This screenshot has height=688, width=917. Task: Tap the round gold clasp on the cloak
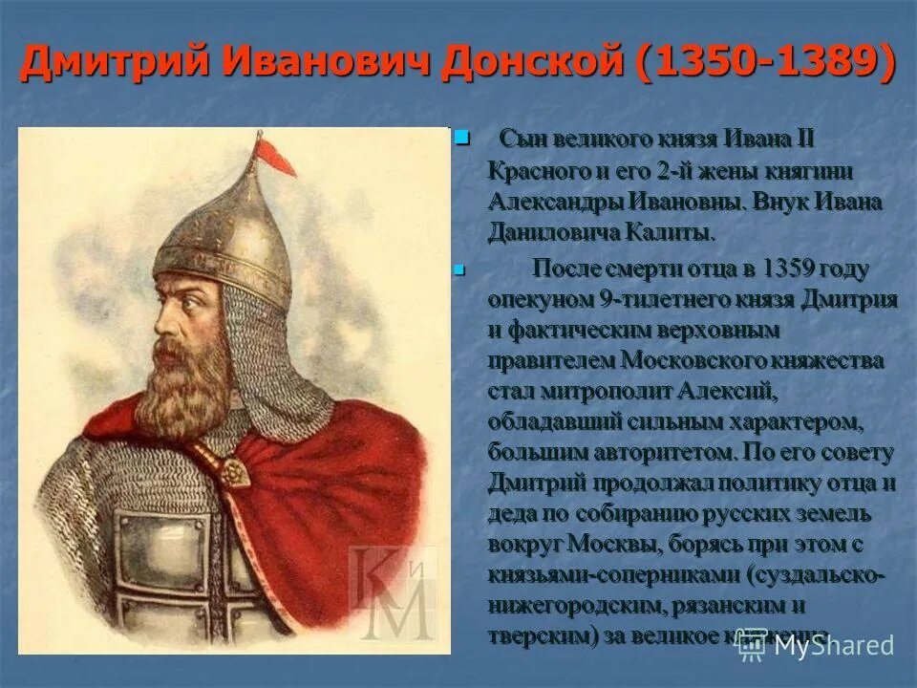point(232,468)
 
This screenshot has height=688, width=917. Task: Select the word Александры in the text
point(555,203)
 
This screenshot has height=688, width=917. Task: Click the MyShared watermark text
point(831,645)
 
